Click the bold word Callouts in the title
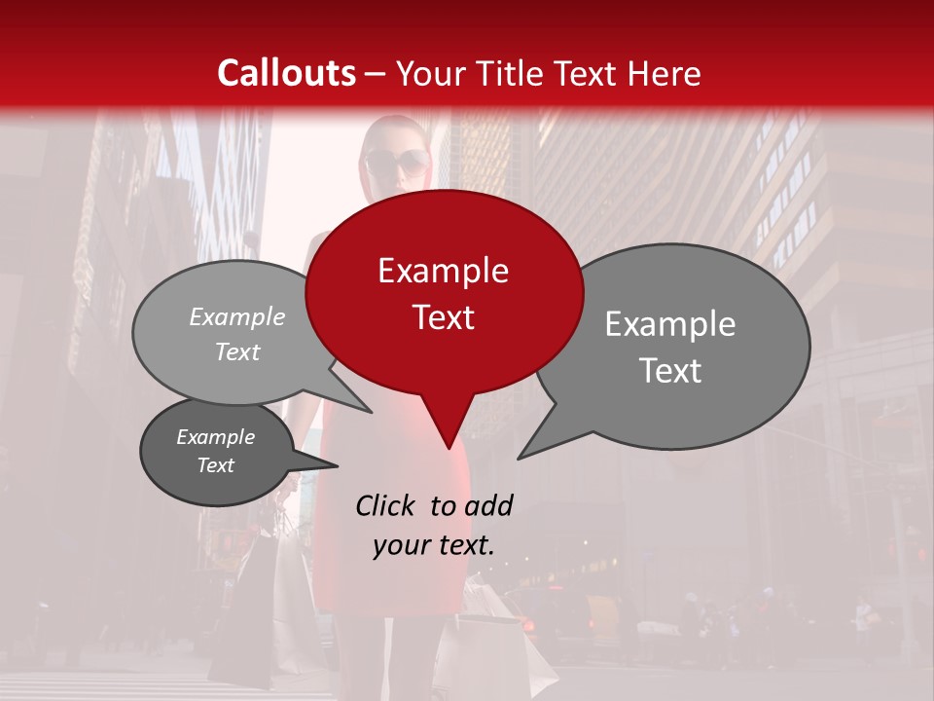286,73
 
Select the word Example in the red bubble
443,271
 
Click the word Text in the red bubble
443,316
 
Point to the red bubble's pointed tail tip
449,448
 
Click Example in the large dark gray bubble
670,324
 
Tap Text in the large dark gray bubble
670,370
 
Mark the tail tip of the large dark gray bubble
519,458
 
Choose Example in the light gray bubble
237,316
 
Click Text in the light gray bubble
237,351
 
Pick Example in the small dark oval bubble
215,437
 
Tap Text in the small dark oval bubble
215,465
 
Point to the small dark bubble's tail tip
338,465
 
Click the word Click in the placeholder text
386,505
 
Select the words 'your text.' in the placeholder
434,545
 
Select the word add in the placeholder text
488,505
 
